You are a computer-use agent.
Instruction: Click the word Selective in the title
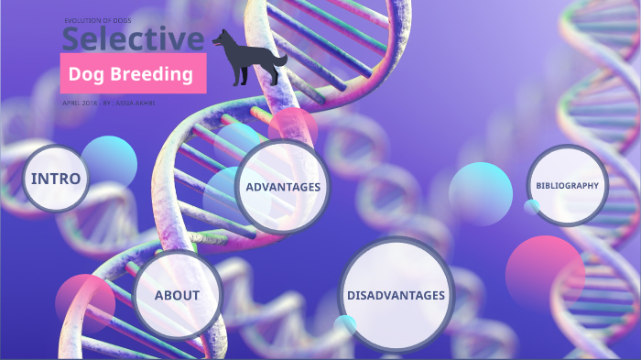click(133, 39)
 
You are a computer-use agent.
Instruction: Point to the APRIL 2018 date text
click(79, 103)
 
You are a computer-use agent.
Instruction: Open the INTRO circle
click(56, 179)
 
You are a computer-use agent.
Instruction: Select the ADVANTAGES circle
click(282, 187)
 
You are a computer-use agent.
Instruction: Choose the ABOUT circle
click(177, 295)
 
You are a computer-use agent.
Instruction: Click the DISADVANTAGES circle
click(396, 295)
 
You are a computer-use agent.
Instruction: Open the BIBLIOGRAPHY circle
click(567, 185)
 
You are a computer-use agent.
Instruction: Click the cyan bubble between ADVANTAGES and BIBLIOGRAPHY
click(480, 193)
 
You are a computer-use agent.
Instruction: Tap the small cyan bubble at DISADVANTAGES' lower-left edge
click(345, 324)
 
